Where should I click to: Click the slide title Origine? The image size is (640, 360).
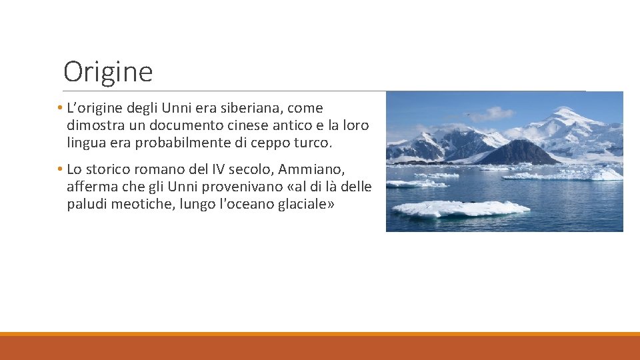[x=108, y=71]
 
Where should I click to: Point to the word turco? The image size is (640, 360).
[x=312, y=143]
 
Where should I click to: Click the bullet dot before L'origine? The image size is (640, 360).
[x=60, y=108]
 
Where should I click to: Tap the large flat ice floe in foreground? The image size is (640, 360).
[x=460, y=209]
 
